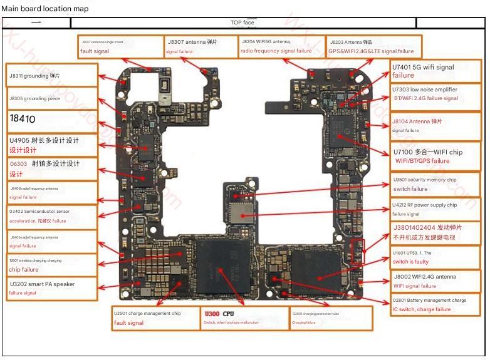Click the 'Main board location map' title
(x=45, y=9)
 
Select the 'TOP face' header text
(x=242, y=23)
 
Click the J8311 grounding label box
(x=51, y=75)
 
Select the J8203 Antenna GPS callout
(x=374, y=46)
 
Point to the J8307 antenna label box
(x=200, y=46)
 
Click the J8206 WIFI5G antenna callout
(x=282, y=46)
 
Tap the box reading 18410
(x=51, y=119)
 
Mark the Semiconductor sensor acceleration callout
(x=51, y=216)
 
